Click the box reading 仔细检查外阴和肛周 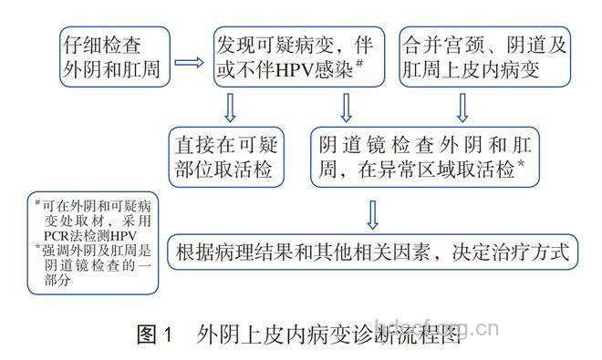(99, 57)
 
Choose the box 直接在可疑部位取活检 (228, 156)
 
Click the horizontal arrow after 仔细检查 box (188, 63)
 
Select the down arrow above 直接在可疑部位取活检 (229, 108)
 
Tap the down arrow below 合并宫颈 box (462, 108)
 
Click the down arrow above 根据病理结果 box (373, 213)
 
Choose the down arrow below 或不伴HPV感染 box (346, 108)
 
